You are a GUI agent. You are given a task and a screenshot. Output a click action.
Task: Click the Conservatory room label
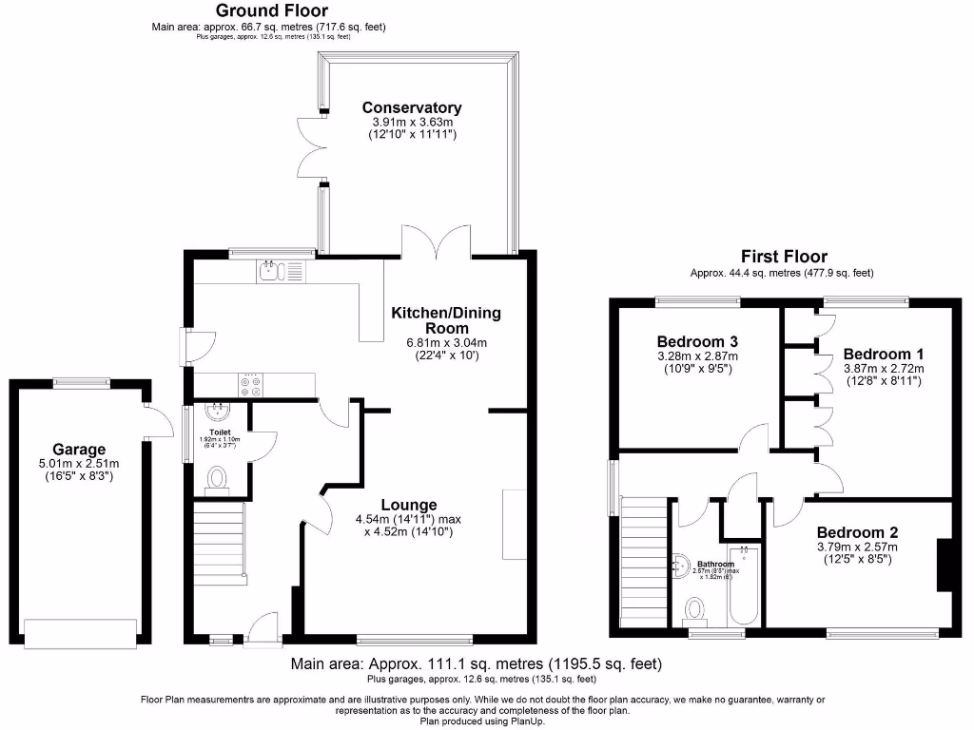[412, 108]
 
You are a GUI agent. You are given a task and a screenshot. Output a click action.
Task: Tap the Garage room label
[79, 450]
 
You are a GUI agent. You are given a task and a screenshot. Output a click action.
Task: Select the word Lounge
[409, 505]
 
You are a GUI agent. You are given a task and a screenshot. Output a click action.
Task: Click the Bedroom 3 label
[698, 341]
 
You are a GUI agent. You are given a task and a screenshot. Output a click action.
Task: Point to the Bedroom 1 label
[883, 353]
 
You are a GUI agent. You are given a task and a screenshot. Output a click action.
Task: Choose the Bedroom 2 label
[857, 532]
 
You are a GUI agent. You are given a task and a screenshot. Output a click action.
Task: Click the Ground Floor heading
[272, 11]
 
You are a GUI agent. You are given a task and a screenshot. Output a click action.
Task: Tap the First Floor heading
[784, 257]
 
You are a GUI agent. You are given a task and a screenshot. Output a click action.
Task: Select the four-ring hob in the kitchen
[252, 385]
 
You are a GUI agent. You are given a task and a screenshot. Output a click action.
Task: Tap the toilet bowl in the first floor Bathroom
[697, 605]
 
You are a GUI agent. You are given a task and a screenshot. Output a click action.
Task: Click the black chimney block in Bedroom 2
[945, 566]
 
